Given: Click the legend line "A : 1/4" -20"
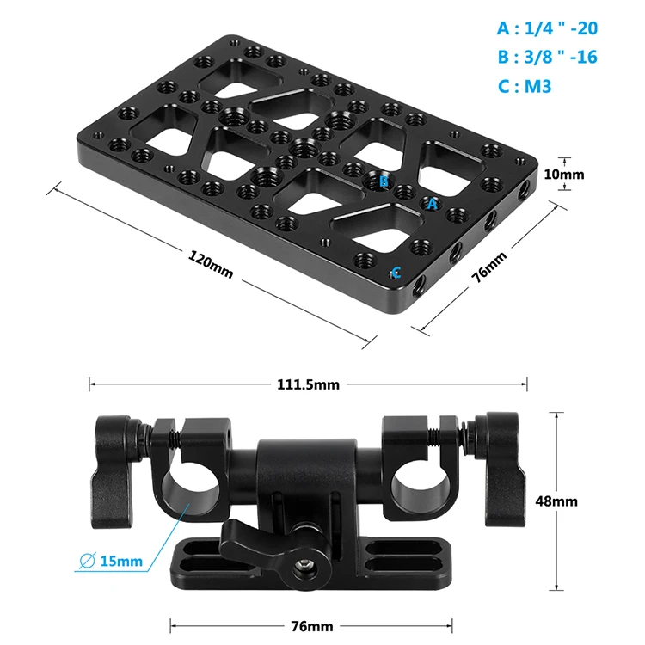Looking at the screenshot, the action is [x=547, y=28].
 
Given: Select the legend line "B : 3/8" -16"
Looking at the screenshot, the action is [x=547, y=57].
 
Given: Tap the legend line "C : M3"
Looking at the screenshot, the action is [x=525, y=86].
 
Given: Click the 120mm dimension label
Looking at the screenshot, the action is [x=211, y=265].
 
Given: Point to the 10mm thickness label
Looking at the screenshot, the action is [x=564, y=175].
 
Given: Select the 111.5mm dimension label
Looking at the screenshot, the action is [x=308, y=384].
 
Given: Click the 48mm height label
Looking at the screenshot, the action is [x=556, y=501].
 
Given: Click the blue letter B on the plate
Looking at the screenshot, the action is [x=384, y=181].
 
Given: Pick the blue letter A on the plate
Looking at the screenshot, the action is [x=432, y=204].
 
